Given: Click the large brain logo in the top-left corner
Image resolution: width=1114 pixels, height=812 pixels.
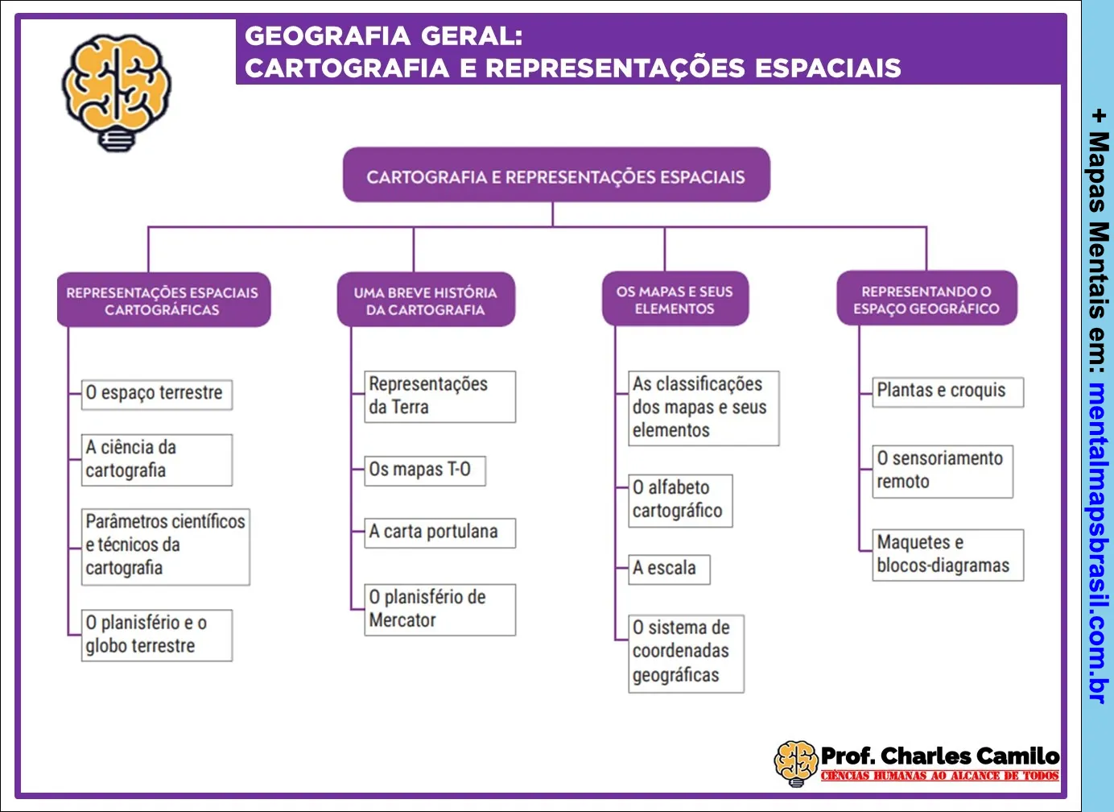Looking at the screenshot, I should (117, 91).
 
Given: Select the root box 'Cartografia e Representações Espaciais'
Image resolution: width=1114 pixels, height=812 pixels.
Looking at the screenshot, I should (556, 176).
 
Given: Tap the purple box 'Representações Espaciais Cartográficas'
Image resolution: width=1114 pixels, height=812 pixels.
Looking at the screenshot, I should (163, 300).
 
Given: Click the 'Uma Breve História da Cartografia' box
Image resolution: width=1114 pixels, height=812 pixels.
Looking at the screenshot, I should (426, 300).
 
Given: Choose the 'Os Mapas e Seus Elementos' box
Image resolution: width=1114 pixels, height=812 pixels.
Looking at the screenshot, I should (675, 300).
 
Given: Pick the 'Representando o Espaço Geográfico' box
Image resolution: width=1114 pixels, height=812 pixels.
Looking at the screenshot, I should (926, 300).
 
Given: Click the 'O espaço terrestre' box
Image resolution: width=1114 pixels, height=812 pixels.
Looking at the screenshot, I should (156, 394).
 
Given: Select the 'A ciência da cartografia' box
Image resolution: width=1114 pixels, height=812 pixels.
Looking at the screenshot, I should (156, 459).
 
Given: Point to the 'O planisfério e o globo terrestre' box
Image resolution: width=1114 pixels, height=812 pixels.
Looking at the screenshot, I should (156, 635).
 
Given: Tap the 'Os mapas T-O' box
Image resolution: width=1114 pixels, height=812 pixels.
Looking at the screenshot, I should (424, 470).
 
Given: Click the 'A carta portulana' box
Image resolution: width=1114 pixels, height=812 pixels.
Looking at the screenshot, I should (439, 532).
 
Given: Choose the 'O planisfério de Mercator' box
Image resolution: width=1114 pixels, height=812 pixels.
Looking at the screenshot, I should (439, 609).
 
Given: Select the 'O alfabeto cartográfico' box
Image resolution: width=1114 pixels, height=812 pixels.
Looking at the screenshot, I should (680, 499).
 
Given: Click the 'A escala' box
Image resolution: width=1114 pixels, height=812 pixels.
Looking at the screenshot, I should (669, 569).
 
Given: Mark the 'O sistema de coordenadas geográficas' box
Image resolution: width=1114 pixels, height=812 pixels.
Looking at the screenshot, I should (686, 652).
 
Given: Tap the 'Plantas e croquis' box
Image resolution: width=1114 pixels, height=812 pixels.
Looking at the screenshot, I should (947, 391).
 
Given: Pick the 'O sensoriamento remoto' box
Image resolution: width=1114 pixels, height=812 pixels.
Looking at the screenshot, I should (942, 470).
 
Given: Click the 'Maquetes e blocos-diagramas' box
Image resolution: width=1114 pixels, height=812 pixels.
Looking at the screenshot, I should (947, 554).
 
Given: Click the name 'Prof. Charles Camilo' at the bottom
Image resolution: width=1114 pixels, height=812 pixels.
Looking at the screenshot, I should (939, 756).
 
